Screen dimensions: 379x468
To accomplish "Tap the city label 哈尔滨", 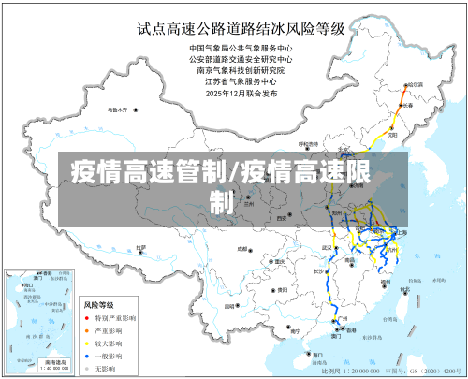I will [x=415, y=85].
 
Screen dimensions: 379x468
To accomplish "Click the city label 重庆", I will [x=280, y=262].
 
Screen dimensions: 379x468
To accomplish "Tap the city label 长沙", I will [x=319, y=270].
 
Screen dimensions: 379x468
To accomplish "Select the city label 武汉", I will [x=328, y=247].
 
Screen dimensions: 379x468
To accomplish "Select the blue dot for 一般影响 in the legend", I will [x=87, y=355].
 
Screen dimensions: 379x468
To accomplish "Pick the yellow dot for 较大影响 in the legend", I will [x=87, y=343].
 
